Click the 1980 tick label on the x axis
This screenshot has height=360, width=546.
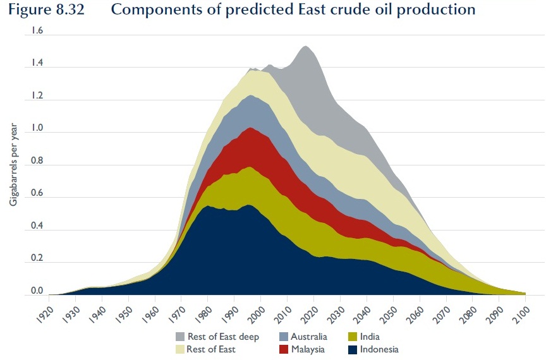click(x=203, y=315)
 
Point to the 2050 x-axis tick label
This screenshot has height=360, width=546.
click(x=389, y=315)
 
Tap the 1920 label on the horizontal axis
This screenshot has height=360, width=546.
click(x=44, y=315)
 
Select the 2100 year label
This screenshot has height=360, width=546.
click(x=521, y=315)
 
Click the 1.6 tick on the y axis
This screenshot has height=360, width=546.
click(x=37, y=31)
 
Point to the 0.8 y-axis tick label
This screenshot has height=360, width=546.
click(x=37, y=160)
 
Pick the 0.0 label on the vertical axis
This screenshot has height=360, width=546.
click(x=37, y=291)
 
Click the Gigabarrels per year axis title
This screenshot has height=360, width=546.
click(x=13, y=164)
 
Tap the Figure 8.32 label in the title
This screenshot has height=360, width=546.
click(x=46, y=9)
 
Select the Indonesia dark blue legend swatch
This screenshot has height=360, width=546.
click(x=353, y=349)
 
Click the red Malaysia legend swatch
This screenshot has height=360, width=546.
click(x=284, y=349)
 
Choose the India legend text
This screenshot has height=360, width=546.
click(x=370, y=337)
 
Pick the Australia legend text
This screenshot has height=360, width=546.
click(x=309, y=337)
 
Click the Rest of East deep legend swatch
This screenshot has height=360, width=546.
click(x=180, y=337)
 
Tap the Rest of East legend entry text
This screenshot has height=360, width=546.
click(x=211, y=349)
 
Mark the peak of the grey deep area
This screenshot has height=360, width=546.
click(x=306, y=46)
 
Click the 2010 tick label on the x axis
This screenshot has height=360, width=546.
click(x=282, y=315)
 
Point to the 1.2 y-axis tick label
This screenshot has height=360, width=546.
click(x=37, y=95)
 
